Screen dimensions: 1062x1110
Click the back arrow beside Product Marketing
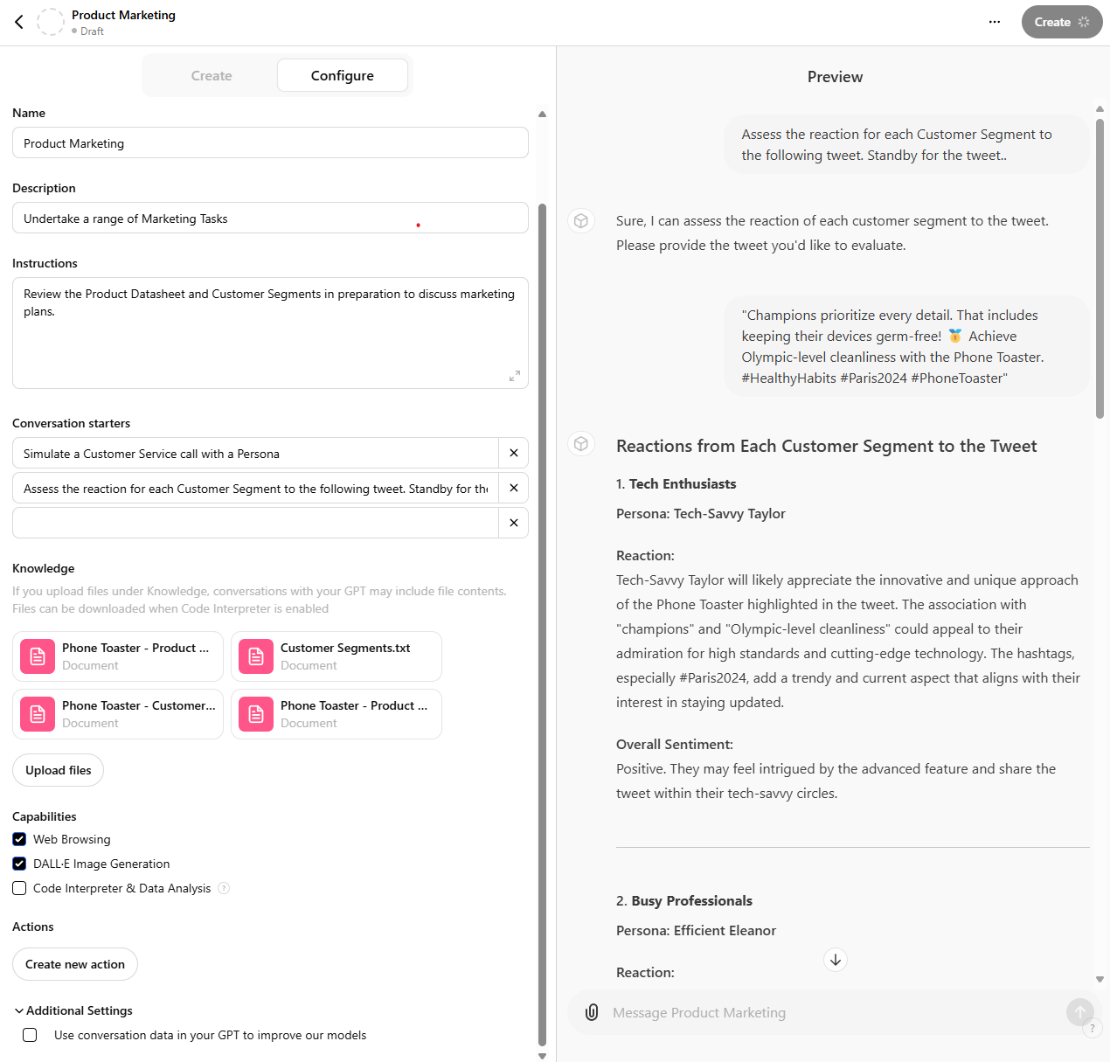click(x=19, y=22)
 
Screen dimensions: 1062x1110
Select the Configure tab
click(x=342, y=76)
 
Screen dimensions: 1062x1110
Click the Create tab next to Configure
click(x=212, y=76)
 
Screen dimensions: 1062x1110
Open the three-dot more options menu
click(x=995, y=22)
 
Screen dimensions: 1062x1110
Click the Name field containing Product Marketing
click(x=270, y=143)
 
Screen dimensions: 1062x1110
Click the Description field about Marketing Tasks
click(x=270, y=219)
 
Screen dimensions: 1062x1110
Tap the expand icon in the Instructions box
click(x=515, y=376)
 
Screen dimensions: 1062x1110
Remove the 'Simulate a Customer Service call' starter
click(x=514, y=454)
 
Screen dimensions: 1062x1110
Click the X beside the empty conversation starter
click(x=514, y=523)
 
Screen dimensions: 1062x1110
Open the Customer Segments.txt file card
click(x=336, y=656)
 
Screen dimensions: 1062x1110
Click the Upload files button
click(x=58, y=770)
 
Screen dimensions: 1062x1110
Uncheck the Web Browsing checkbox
click(x=19, y=839)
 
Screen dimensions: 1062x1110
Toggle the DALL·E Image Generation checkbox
click(x=19, y=864)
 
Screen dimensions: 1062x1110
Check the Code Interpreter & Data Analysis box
click(x=19, y=888)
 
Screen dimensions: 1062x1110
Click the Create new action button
click(x=75, y=964)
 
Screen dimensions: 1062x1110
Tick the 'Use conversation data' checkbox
click(x=30, y=1035)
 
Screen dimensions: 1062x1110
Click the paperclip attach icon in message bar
click(x=592, y=1012)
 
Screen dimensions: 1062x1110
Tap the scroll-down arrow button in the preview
click(x=836, y=960)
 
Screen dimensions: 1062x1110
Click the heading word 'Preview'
click(x=835, y=77)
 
